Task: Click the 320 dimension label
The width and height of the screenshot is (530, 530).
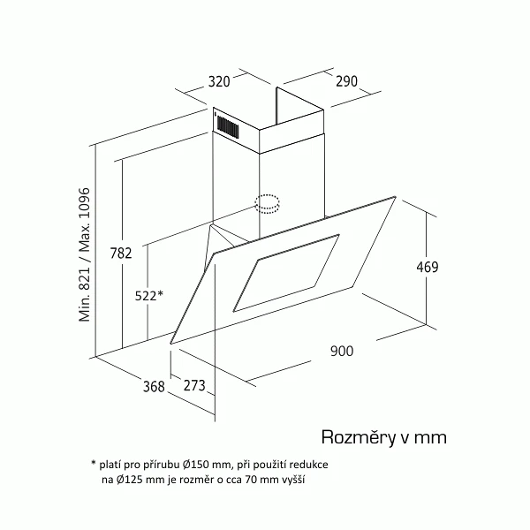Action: click(219, 82)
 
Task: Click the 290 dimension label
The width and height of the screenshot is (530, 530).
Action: click(346, 81)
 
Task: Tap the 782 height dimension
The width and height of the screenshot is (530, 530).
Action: click(121, 253)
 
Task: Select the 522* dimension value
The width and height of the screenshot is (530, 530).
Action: click(149, 296)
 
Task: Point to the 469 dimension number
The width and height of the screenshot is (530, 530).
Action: click(428, 267)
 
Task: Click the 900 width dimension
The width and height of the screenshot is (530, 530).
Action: click(342, 351)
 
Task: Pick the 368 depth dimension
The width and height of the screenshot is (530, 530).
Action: click(154, 386)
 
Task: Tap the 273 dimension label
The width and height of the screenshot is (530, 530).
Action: click(194, 385)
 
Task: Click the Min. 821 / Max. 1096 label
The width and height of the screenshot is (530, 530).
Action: click(85, 254)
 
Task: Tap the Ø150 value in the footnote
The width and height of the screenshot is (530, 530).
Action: click(196, 465)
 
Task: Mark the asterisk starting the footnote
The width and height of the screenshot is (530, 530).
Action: click(94, 462)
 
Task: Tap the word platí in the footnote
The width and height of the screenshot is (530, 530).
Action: click(110, 466)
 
